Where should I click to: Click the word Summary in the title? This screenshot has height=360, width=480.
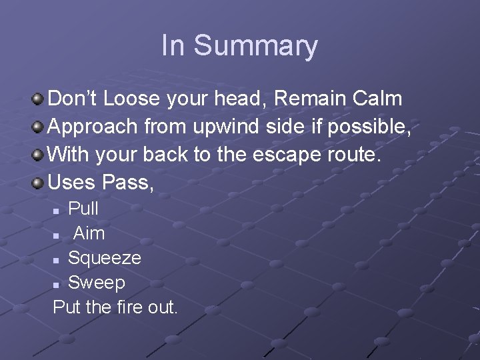[256, 46]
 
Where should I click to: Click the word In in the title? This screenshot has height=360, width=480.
[173, 45]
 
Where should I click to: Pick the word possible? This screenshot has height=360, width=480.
[371, 127]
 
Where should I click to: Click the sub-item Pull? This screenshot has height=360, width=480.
[83, 209]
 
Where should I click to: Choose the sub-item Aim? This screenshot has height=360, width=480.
[89, 233]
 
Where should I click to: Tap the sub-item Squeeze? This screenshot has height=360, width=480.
[105, 258]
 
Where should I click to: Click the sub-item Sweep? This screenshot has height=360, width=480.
[97, 283]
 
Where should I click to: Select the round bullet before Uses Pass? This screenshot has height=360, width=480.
[39, 182]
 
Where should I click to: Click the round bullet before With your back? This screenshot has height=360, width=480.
[39, 155]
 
